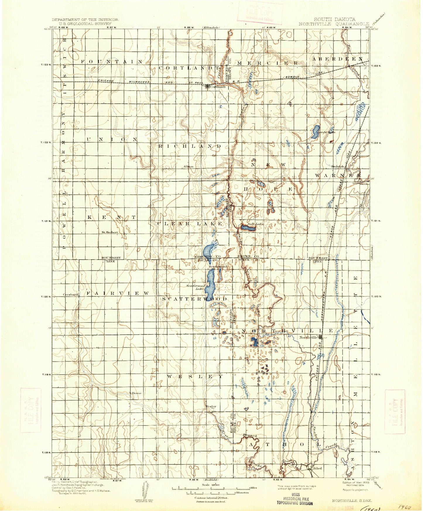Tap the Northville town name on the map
(309, 337)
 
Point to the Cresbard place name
(71, 294)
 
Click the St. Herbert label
(109, 232)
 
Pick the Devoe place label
(137, 393)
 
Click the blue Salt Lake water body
(248, 227)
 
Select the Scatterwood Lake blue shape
(210, 282)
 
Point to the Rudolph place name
(337, 166)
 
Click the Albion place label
(188, 167)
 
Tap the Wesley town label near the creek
(211, 407)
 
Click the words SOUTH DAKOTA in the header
(335, 19)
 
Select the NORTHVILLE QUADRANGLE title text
(334, 24)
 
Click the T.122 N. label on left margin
(45, 143)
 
